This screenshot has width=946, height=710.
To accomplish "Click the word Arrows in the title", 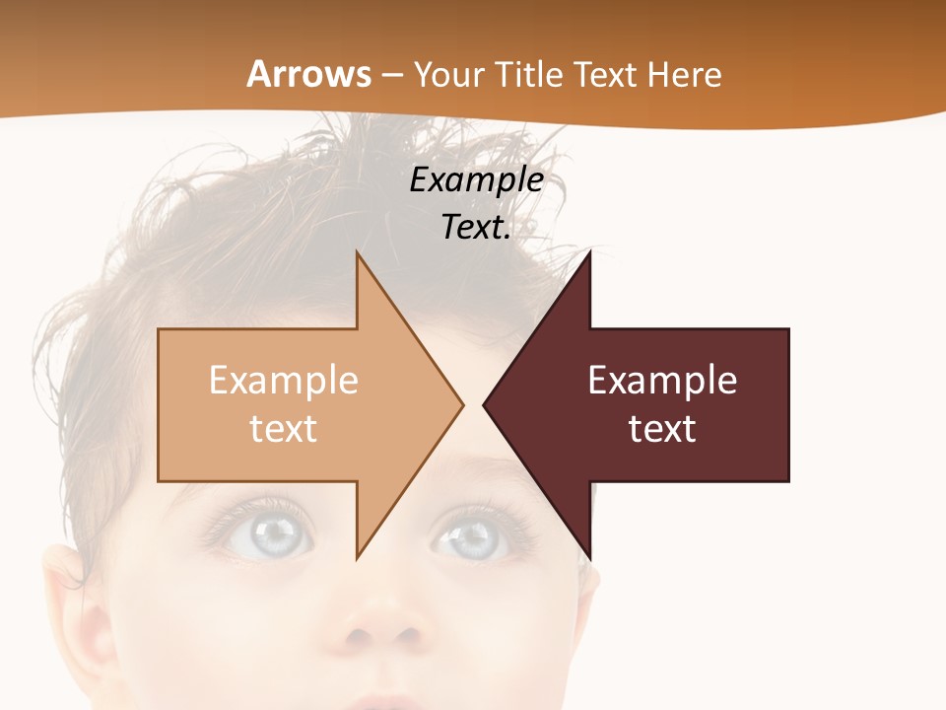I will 309,74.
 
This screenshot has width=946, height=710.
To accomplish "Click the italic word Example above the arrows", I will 476,180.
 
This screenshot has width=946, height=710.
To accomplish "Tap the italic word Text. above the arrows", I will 476,228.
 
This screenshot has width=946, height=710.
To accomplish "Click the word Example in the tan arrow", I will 284,381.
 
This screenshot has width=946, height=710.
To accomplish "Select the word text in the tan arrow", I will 284,429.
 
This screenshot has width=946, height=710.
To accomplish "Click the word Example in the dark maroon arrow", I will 662,381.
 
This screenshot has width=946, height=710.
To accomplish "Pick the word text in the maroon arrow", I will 662,429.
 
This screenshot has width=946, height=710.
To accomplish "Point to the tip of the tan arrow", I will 462,404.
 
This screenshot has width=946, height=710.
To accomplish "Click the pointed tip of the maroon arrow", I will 484,404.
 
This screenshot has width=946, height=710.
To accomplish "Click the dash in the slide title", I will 391,76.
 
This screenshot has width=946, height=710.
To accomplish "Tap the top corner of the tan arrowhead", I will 357,252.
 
